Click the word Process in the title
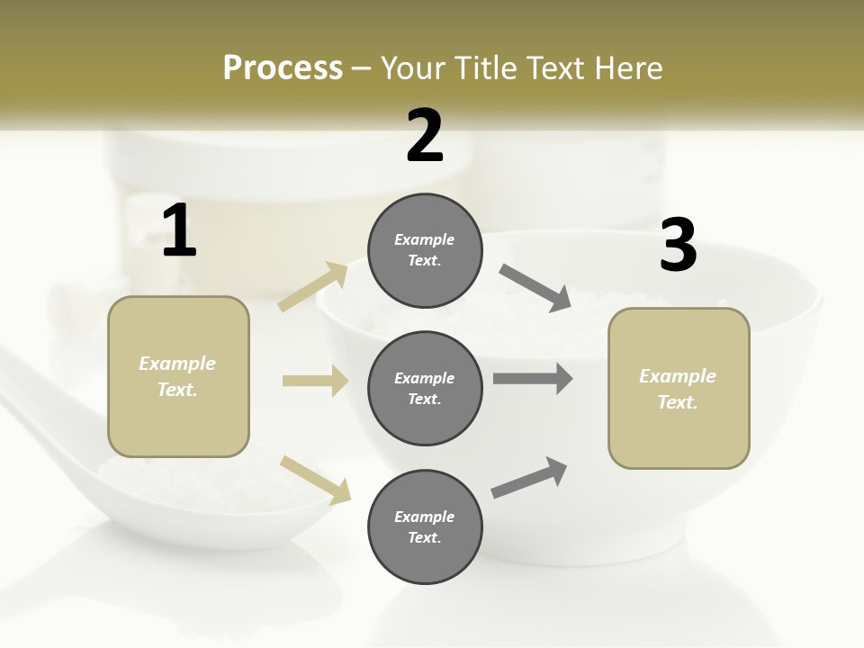pyautogui.click(x=283, y=68)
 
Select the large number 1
pyautogui.click(x=179, y=231)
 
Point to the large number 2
pyautogui.click(x=425, y=136)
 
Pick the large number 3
pyautogui.click(x=678, y=246)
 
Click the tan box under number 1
pyautogui.click(x=178, y=376)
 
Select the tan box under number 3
pyautogui.click(x=679, y=389)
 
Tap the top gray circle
pyautogui.click(x=425, y=250)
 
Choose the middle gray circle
pyautogui.click(x=425, y=388)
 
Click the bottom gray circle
pyautogui.click(x=425, y=526)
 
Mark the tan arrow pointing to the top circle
pyautogui.click(x=313, y=287)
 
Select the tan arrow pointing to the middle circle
pyautogui.click(x=315, y=381)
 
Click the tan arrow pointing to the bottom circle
pyautogui.click(x=315, y=479)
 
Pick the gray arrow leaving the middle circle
pyautogui.click(x=533, y=379)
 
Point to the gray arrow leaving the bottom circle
pyautogui.click(x=529, y=478)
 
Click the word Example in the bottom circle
pyautogui.click(x=425, y=517)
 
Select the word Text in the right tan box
pyautogui.click(x=677, y=402)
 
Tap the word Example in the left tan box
pyautogui.click(x=177, y=364)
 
